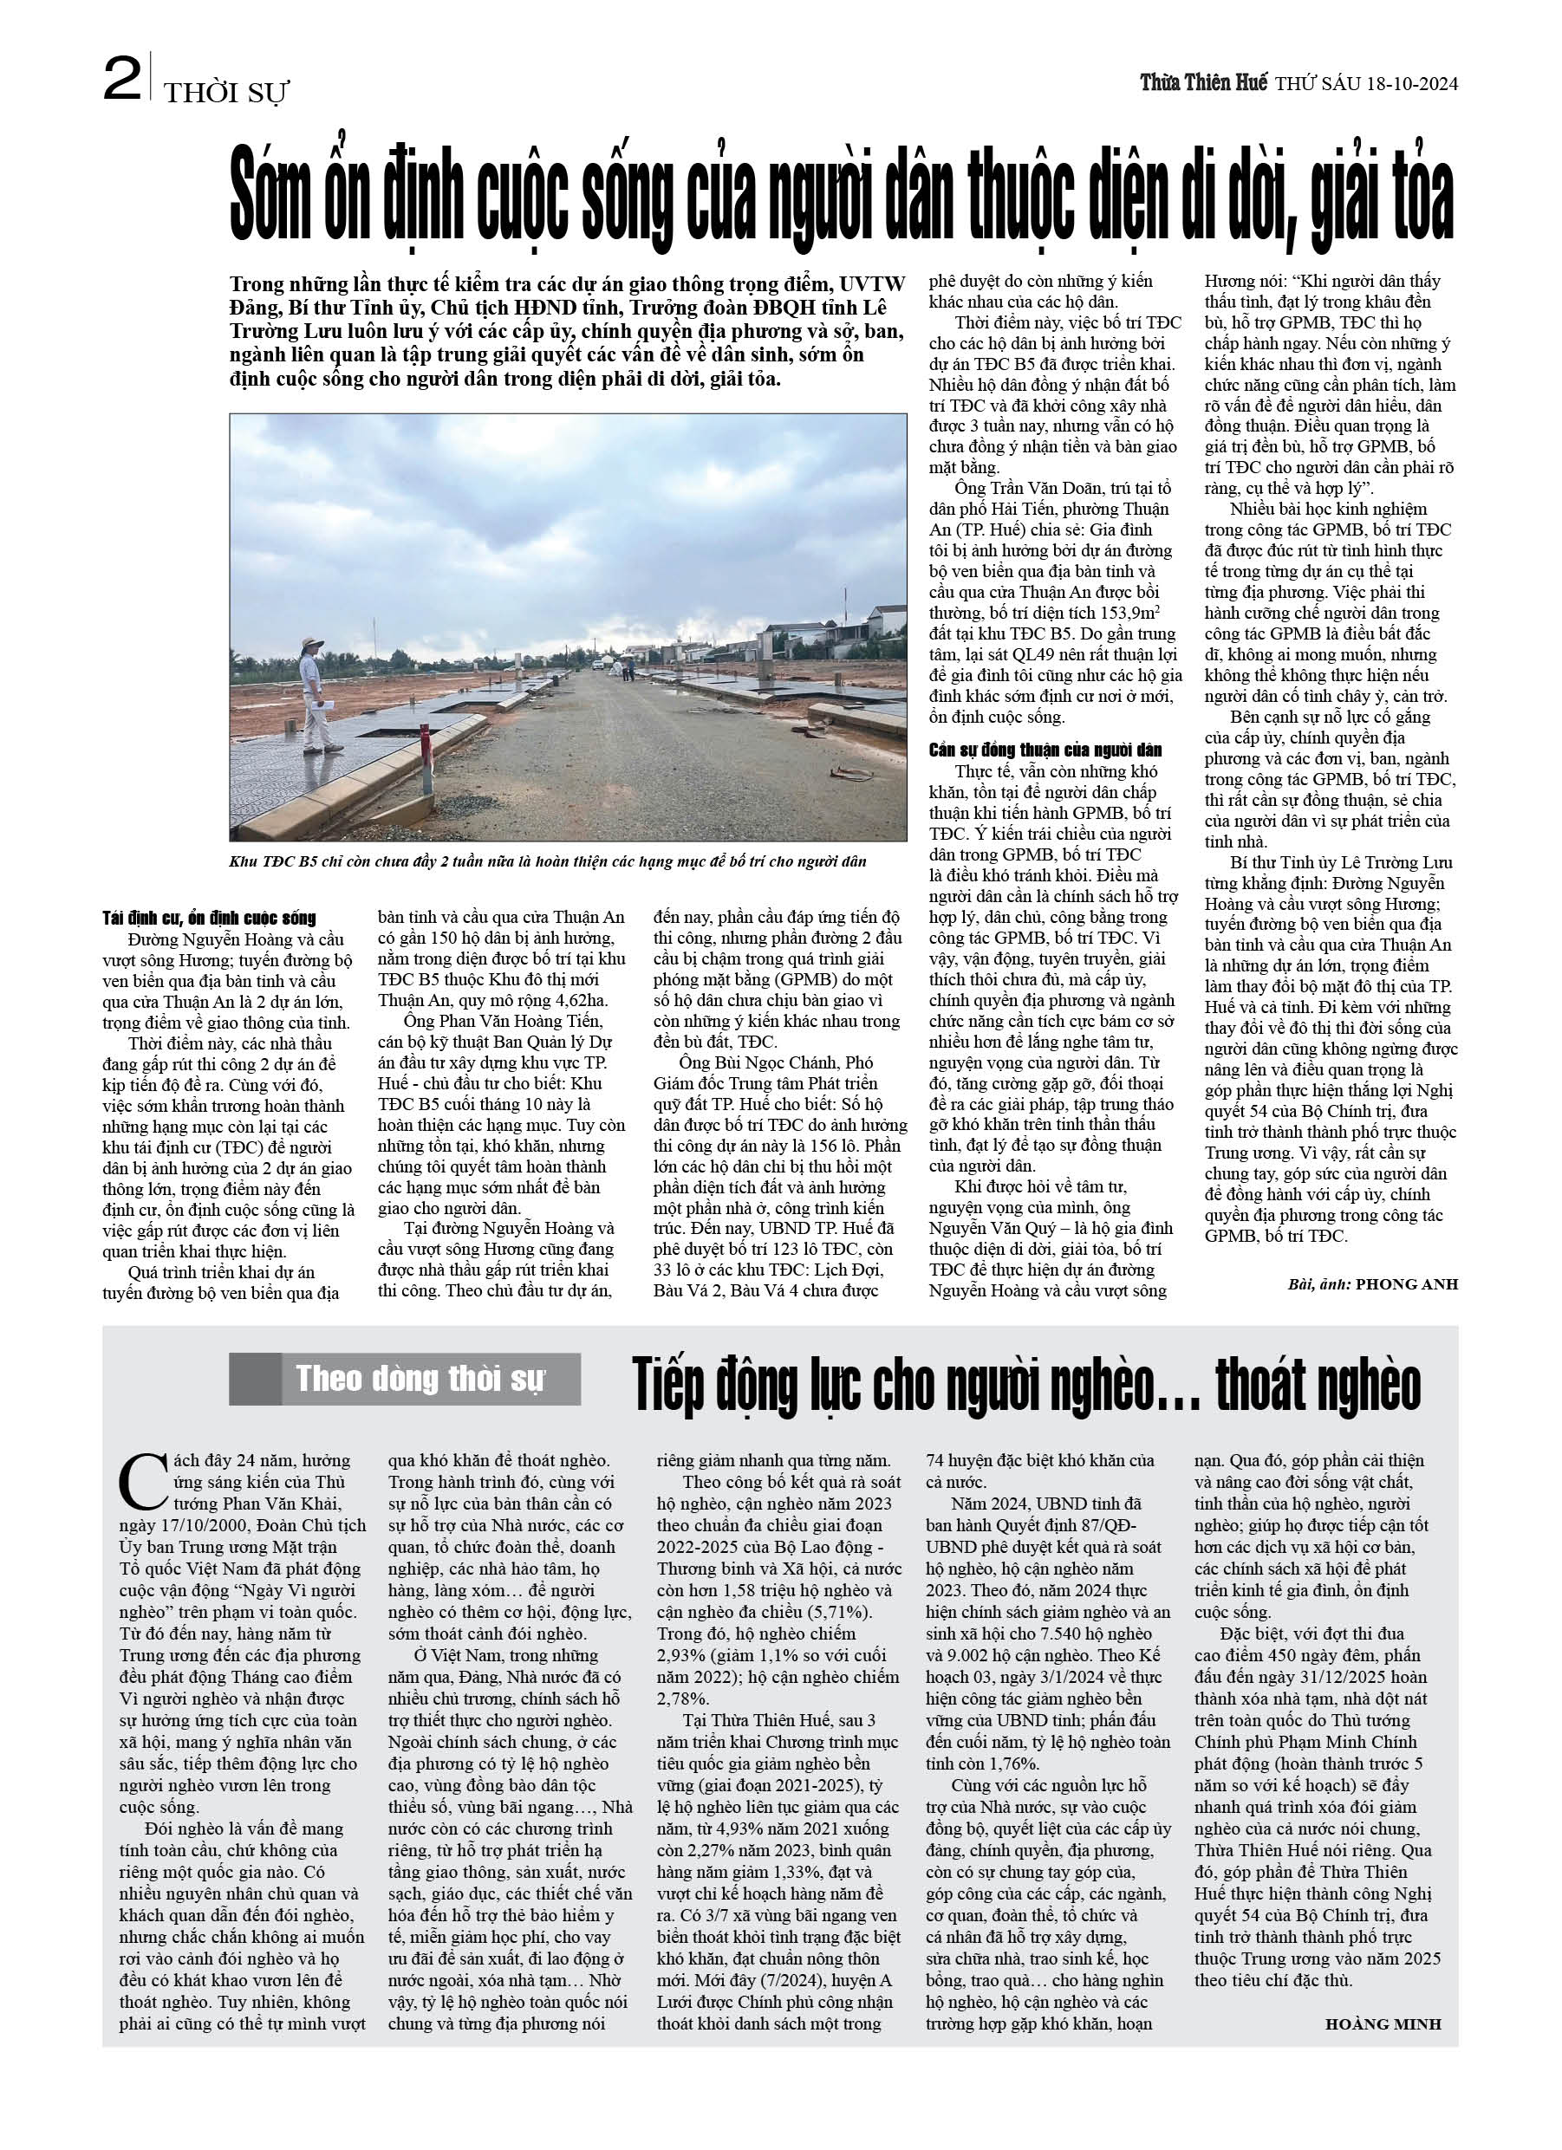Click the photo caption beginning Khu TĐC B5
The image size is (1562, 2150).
[x=548, y=861]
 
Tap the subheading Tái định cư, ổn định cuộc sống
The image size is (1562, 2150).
[x=209, y=918]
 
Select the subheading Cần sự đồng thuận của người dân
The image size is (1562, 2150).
[x=1045, y=750]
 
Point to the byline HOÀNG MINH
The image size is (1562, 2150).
[x=1383, y=2024]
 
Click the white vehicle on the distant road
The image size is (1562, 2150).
[x=598, y=665]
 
